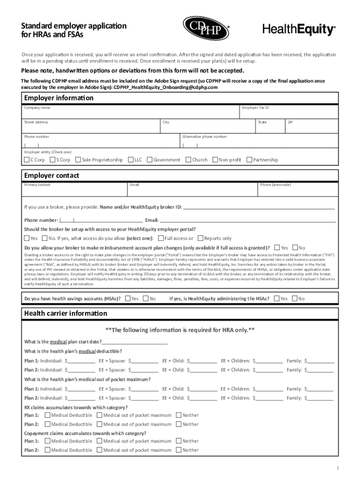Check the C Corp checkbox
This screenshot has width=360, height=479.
[x=27, y=160]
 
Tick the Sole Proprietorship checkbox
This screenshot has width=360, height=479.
[x=78, y=160]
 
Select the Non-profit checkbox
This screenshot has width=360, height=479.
[x=215, y=160]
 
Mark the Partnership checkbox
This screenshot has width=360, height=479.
[x=249, y=160]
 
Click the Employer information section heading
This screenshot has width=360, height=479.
[x=59, y=98]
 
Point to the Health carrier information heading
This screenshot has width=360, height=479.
[x=65, y=313]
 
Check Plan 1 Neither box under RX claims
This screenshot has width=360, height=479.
[x=179, y=415]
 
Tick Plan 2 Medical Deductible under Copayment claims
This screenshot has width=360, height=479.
[x=48, y=450]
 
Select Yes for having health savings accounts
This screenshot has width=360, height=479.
[x=128, y=298]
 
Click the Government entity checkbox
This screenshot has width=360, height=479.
[x=150, y=160]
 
